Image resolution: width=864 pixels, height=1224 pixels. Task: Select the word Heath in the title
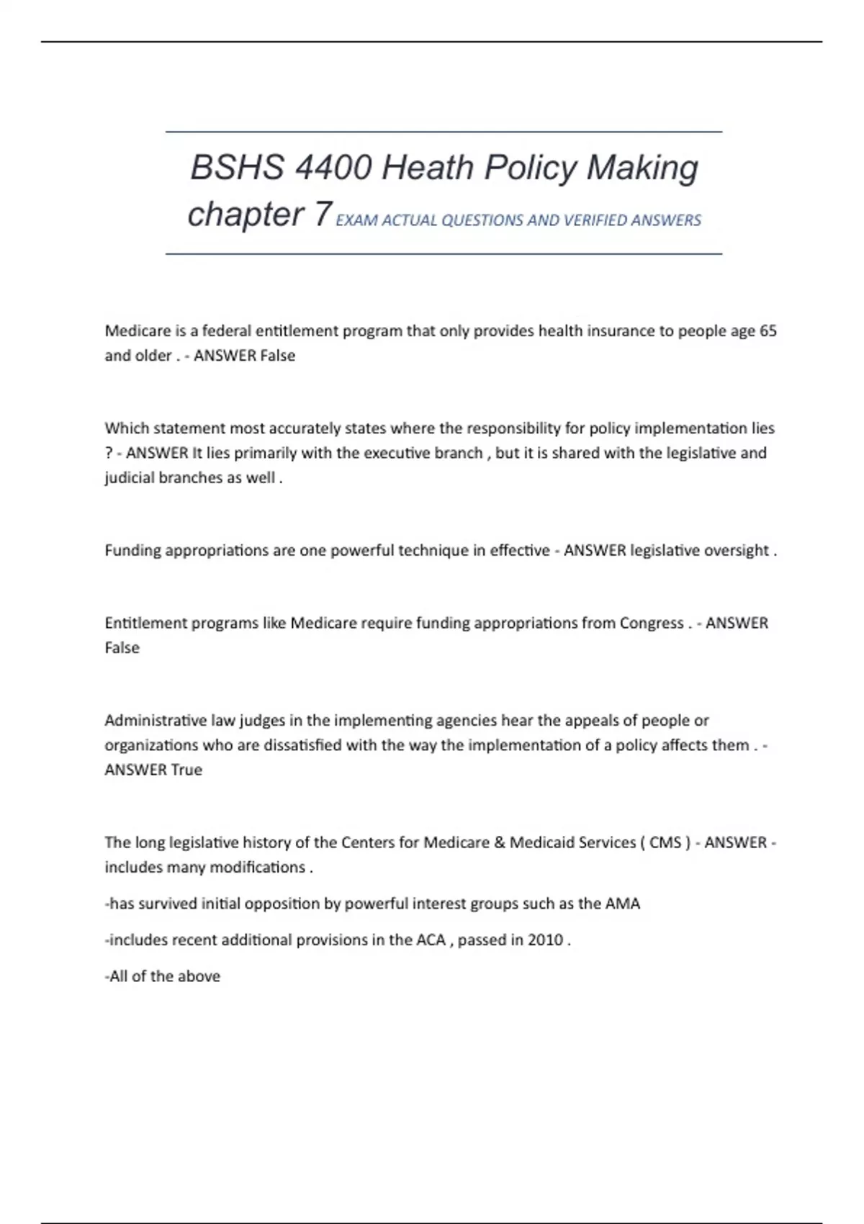pyautogui.click(x=427, y=168)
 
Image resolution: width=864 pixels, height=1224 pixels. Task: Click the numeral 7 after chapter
pyautogui.click(x=323, y=215)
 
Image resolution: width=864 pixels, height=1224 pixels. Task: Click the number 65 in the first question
pyautogui.click(x=768, y=331)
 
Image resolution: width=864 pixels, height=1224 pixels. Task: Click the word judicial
pyautogui.click(x=127, y=478)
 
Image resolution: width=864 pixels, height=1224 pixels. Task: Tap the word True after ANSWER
pyautogui.click(x=186, y=770)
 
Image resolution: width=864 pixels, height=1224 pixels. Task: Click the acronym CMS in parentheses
pyautogui.click(x=665, y=842)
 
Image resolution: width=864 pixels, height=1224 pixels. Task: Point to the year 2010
pyautogui.click(x=545, y=940)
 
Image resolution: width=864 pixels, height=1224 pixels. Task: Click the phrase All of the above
pyautogui.click(x=164, y=976)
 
